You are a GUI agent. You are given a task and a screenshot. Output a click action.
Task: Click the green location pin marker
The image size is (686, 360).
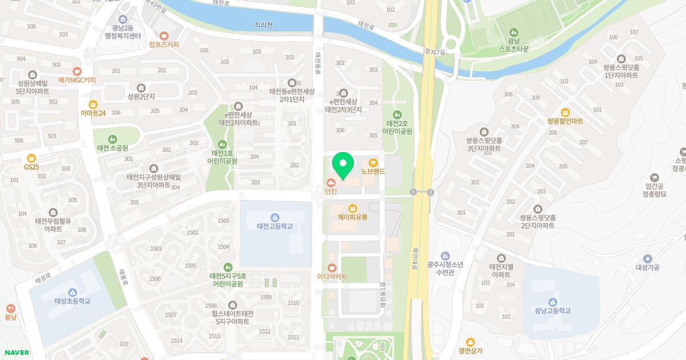[x=343, y=165]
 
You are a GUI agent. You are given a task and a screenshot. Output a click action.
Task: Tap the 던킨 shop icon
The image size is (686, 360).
[x=331, y=182]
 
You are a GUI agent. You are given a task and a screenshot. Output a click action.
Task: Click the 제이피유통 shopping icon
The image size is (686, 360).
[x=352, y=208]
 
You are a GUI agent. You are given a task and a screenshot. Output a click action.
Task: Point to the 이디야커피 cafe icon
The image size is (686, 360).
[x=332, y=267]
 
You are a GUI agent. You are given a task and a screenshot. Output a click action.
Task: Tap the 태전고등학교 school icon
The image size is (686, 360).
[x=275, y=217]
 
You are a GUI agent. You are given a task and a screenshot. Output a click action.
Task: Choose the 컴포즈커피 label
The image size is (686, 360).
[x=164, y=45]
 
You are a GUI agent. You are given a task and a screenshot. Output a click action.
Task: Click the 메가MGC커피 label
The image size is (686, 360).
[x=77, y=80]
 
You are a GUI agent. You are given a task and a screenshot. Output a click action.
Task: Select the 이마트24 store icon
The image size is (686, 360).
[x=93, y=104]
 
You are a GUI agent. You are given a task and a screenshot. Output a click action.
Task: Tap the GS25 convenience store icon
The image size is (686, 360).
[x=31, y=158]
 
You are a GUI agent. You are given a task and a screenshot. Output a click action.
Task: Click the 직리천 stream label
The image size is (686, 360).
[x=264, y=25]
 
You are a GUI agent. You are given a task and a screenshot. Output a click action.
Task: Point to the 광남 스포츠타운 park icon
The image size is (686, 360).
[x=513, y=32]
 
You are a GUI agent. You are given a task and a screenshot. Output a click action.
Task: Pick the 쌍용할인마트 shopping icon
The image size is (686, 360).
[x=565, y=112]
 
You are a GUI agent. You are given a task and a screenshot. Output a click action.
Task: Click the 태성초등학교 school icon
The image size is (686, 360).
[x=73, y=292]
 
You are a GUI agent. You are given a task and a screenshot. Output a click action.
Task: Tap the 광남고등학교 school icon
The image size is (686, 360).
[x=552, y=302]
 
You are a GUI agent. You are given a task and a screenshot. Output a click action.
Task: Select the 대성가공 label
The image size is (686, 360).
[x=647, y=267]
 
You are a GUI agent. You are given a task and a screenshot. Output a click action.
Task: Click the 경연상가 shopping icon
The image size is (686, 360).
[x=470, y=342]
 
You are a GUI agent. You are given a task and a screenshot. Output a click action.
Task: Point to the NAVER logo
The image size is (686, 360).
[x=17, y=353]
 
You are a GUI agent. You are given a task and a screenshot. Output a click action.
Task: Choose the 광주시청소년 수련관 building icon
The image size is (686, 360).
[x=446, y=255]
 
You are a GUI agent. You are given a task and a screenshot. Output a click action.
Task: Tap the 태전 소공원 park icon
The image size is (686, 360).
[x=112, y=139]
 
